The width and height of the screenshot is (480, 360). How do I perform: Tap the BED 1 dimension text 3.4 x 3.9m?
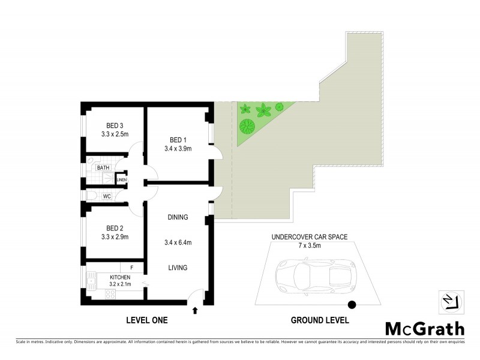click(x=178, y=149)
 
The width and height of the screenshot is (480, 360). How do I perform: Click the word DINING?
click(x=178, y=217)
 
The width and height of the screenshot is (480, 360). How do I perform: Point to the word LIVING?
click(x=178, y=268)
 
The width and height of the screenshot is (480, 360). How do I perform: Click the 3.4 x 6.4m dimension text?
click(x=178, y=242)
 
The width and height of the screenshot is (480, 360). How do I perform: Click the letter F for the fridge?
click(x=131, y=267)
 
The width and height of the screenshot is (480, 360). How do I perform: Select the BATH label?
click(x=104, y=168)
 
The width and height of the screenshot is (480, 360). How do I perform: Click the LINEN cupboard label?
click(x=121, y=179)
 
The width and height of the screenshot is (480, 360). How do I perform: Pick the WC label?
click(x=106, y=196)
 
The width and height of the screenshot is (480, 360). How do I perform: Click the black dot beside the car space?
click(x=352, y=305)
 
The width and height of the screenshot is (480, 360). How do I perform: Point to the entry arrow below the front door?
click(x=194, y=310)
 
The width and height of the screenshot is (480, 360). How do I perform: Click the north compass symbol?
click(x=451, y=301)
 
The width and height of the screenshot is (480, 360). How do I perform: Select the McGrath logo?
click(x=424, y=328)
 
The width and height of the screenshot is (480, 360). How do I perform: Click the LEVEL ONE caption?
click(x=146, y=321)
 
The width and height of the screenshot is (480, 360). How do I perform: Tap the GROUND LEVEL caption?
click(x=320, y=321)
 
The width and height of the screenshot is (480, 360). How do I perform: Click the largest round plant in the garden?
click(x=247, y=127)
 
